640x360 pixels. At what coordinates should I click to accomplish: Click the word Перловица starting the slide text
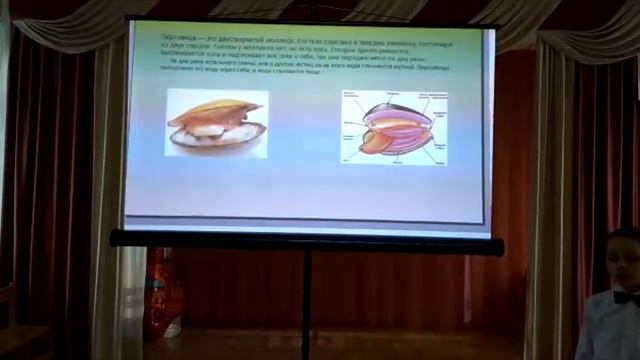click(176, 36)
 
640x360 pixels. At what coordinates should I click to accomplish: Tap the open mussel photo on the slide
click(217, 123)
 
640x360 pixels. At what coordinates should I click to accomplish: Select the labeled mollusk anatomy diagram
click(394, 128)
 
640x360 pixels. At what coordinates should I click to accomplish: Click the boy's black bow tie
click(625, 297)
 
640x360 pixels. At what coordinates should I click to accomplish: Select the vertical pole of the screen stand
click(307, 300)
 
